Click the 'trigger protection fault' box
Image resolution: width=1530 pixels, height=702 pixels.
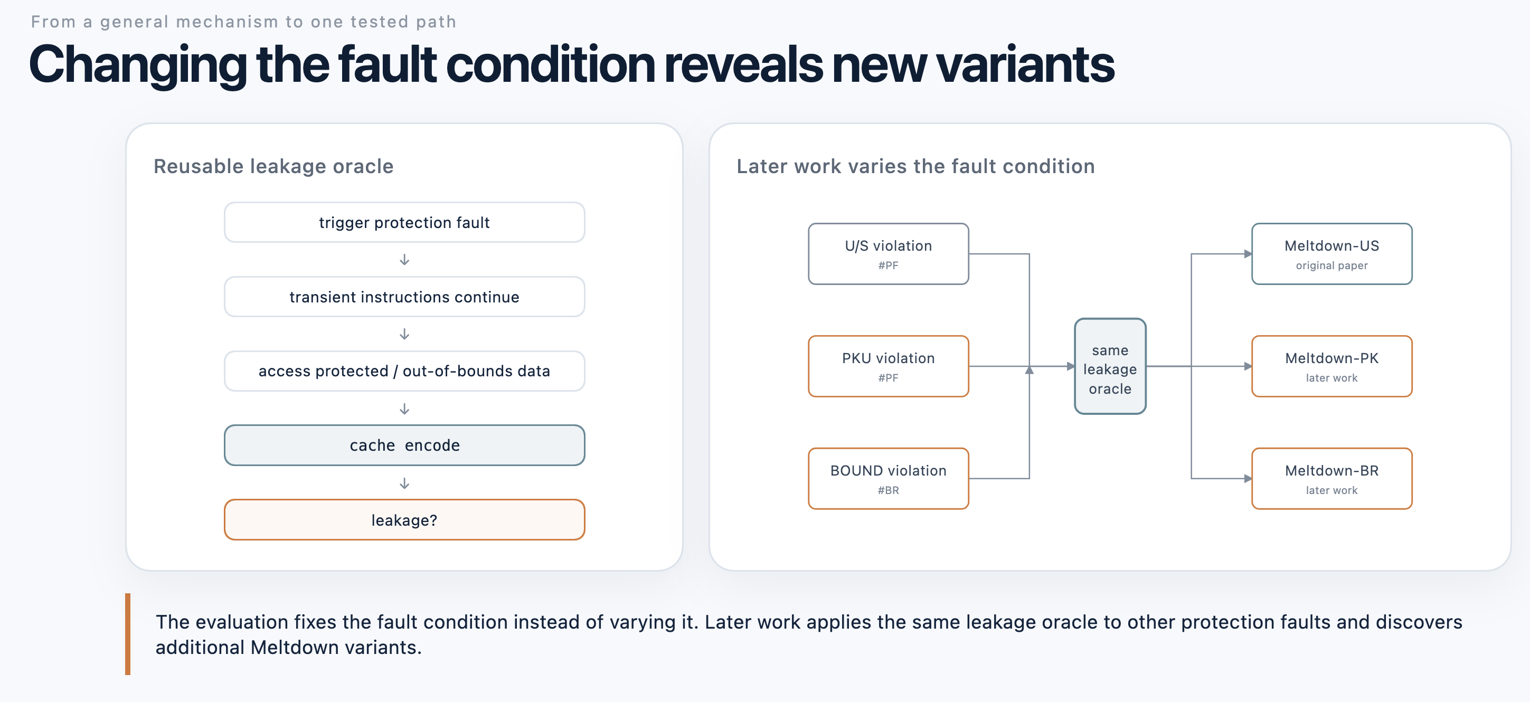(x=404, y=222)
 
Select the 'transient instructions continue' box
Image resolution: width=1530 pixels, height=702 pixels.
(x=404, y=296)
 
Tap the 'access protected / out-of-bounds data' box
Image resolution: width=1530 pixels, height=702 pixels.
(x=404, y=371)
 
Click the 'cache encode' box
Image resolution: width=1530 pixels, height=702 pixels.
(x=404, y=445)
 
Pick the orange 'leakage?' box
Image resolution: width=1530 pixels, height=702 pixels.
(x=404, y=520)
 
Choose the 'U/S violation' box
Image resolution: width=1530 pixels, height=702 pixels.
(x=889, y=253)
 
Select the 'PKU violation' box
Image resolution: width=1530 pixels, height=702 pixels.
(x=889, y=366)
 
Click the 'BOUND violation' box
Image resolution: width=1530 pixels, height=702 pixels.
(x=889, y=478)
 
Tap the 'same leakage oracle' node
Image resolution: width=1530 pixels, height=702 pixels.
(x=1110, y=366)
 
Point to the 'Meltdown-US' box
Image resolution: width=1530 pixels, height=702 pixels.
(x=1331, y=253)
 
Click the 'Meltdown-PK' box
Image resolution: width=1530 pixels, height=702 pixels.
(x=1331, y=366)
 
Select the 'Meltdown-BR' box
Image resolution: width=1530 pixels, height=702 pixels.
(x=1331, y=478)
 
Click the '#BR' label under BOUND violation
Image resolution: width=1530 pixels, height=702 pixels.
(x=889, y=490)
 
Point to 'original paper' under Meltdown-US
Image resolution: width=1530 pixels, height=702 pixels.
(x=1331, y=265)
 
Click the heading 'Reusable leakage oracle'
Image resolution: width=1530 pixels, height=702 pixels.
(x=273, y=166)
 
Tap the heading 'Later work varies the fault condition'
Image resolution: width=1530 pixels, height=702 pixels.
(x=915, y=166)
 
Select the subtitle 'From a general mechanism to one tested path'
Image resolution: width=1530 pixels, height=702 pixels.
(x=243, y=22)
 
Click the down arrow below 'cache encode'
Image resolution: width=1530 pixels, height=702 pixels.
(x=404, y=483)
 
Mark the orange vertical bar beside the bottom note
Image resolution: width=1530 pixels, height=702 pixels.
(x=128, y=634)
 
